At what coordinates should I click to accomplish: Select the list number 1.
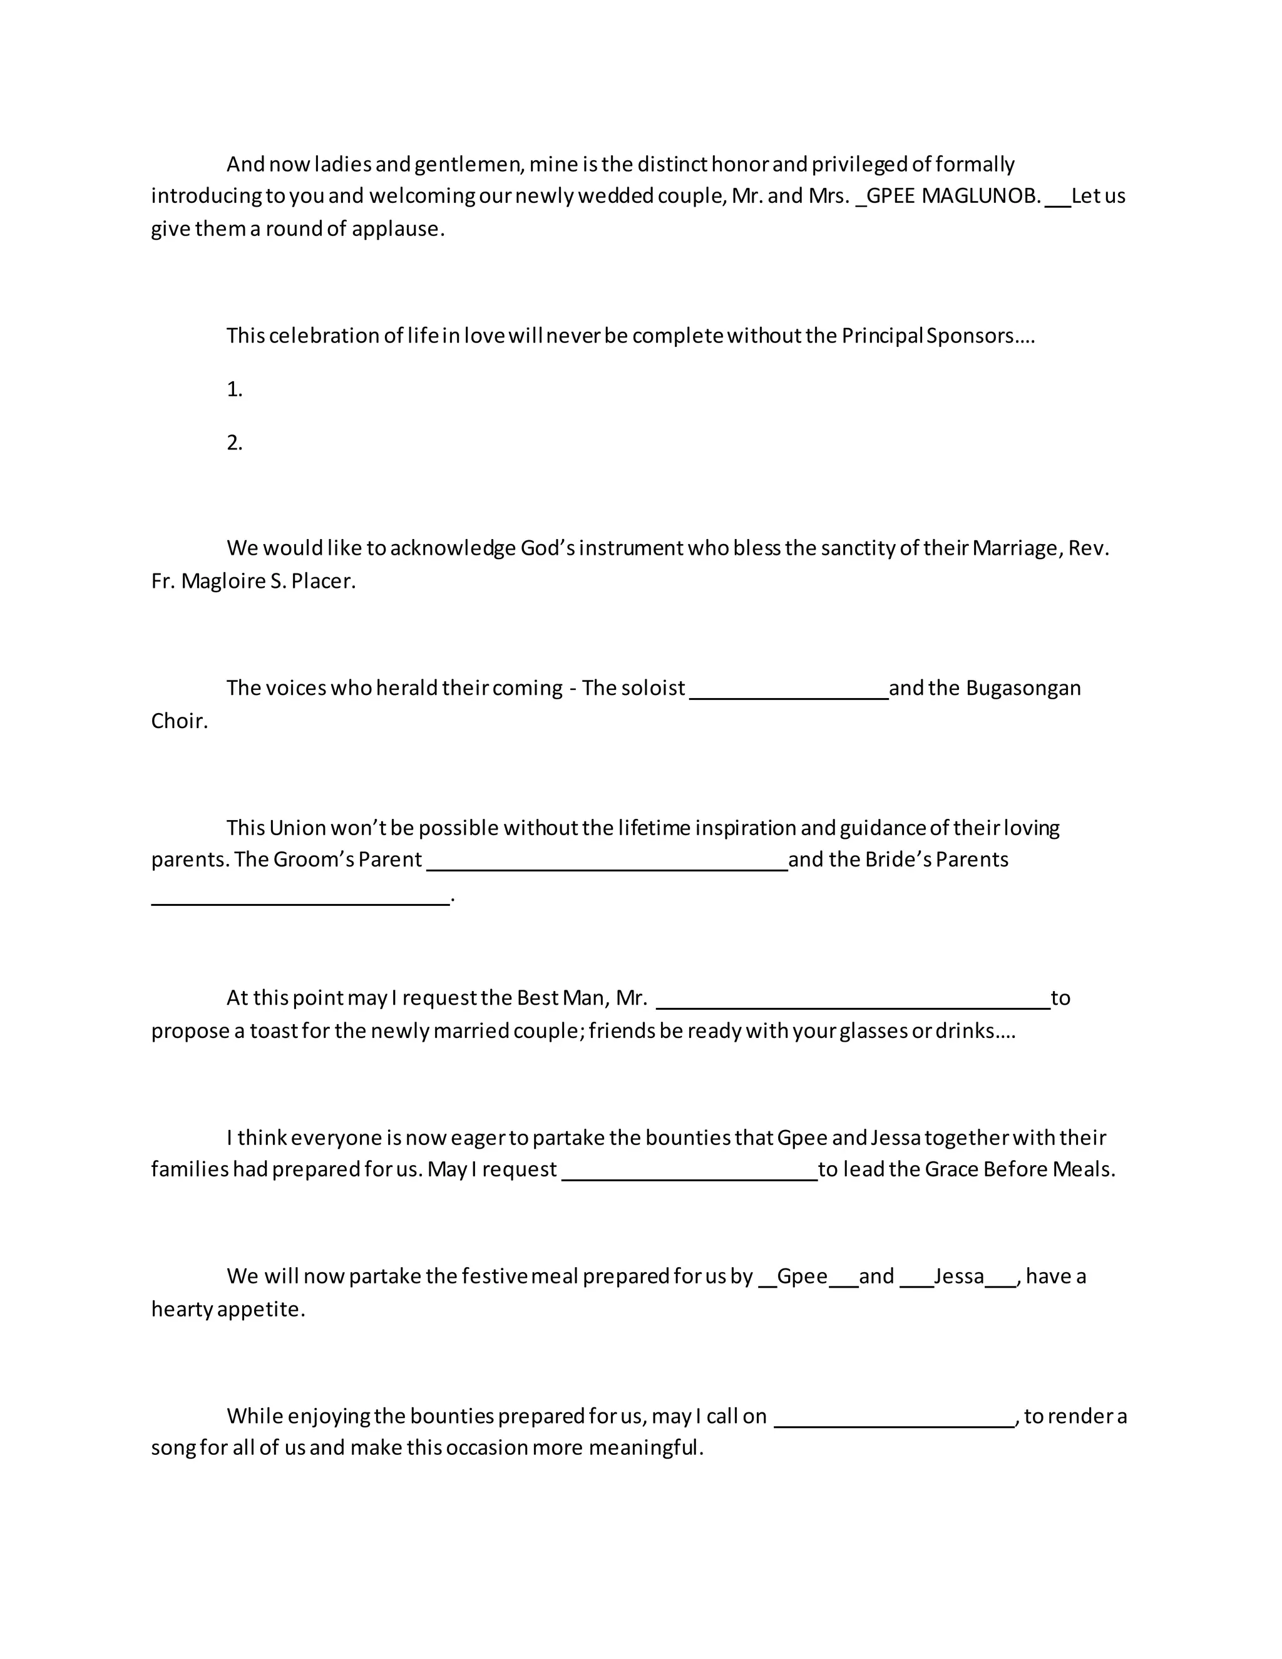point(234,389)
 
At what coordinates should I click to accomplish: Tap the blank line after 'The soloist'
point(788,694)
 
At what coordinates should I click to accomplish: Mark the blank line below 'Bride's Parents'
point(300,901)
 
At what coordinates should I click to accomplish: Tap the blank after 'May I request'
point(689,1177)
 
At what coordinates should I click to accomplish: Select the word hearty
point(182,1310)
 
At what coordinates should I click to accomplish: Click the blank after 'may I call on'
point(894,1424)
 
